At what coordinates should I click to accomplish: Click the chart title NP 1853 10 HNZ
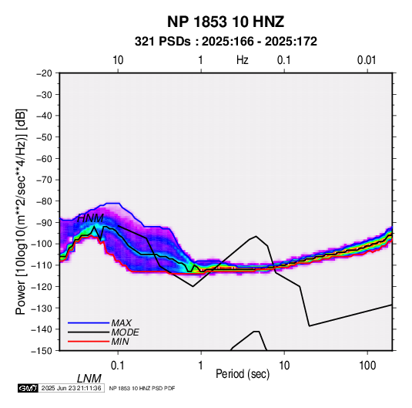(x=226, y=22)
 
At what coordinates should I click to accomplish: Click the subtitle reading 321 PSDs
(x=162, y=42)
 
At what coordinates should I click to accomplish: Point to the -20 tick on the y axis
(x=44, y=73)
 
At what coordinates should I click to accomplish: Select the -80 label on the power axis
(x=44, y=201)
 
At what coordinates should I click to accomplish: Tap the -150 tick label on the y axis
(x=42, y=351)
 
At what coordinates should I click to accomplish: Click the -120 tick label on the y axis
(x=42, y=287)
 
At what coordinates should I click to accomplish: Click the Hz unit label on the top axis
(x=243, y=60)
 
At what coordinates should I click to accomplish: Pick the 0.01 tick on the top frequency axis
(x=367, y=60)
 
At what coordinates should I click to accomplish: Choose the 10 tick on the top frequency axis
(x=118, y=60)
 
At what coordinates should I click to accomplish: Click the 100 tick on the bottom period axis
(x=367, y=366)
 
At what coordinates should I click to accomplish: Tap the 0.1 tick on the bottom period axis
(x=118, y=366)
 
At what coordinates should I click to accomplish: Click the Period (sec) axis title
(x=243, y=374)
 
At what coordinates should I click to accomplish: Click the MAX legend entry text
(x=122, y=323)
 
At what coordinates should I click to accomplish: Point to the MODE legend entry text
(x=125, y=332)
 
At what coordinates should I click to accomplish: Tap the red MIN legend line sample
(x=89, y=342)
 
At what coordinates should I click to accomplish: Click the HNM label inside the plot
(x=91, y=218)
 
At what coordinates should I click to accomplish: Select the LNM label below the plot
(x=89, y=379)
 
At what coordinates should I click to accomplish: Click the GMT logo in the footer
(x=28, y=388)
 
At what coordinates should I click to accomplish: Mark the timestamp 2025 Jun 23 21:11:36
(x=71, y=388)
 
